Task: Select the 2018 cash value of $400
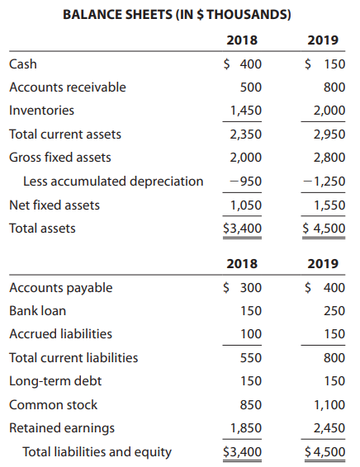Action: (241, 64)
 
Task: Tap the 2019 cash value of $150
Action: (324, 64)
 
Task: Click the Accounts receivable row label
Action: (68, 87)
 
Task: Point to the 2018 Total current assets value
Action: (245, 134)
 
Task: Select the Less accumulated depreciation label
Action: (112, 181)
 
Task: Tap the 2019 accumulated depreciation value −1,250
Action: (324, 181)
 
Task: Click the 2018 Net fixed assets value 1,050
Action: (245, 205)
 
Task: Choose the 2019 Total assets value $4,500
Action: (324, 228)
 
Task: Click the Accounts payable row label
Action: (61, 288)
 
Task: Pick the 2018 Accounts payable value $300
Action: (241, 288)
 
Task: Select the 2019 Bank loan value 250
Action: (333, 311)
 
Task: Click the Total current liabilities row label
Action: (73, 358)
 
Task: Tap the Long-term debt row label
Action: (50, 381)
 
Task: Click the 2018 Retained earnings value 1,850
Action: (245, 428)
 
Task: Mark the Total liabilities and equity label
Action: (97, 451)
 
